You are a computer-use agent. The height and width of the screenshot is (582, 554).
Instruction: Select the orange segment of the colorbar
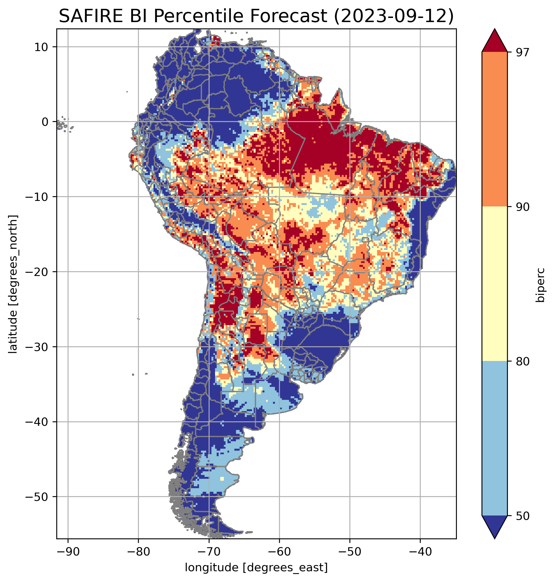pyautogui.click(x=494, y=129)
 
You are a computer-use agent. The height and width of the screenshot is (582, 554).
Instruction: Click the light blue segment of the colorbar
pyautogui.click(x=494, y=439)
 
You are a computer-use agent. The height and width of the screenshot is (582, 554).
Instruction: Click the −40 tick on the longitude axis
pyautogui.click(x=420, y=552)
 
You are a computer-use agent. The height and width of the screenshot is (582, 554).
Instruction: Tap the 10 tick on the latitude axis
pyautogui.click(x=41, y=47)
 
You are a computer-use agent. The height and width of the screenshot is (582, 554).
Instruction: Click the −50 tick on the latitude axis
pyautogui.click(x=37, y=497)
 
